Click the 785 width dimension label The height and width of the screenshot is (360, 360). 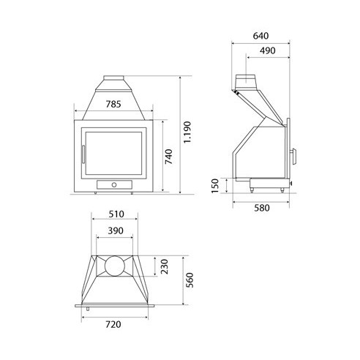[113, 104]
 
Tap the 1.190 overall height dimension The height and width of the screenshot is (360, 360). [187, 132]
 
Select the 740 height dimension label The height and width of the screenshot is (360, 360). [168, 157]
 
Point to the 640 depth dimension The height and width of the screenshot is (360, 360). [260, 36]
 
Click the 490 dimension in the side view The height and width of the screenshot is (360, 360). [267, 50]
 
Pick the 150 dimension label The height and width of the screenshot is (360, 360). [215, 186]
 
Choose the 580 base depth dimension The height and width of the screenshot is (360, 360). [262, 208]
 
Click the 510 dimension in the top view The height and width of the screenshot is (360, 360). [116, 214]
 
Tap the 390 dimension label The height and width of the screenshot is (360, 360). [116, 230]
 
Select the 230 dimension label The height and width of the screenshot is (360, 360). [165, 266]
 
